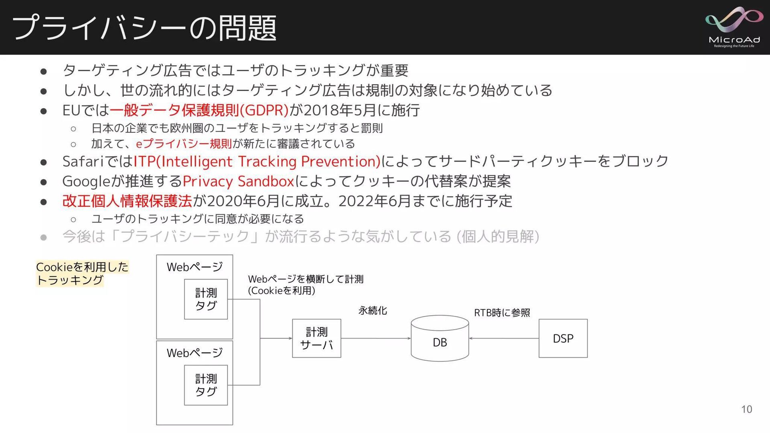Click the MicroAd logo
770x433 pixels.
734,27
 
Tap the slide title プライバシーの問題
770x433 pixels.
144,28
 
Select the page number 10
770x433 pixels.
746,409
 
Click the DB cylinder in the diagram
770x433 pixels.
440,339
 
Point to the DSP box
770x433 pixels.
563,338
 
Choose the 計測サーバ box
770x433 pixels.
316,338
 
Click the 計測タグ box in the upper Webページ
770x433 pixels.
206,299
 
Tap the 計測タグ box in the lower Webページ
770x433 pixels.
206,385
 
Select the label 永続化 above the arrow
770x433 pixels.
373,311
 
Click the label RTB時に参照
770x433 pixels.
502,313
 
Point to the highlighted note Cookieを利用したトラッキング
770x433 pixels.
82,273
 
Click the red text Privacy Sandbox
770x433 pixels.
239,181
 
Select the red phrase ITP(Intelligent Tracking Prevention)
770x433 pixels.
257,161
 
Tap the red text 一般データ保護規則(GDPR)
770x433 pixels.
199,110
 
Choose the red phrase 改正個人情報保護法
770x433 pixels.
127,201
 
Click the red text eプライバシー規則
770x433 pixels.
184,144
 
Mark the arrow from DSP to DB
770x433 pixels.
504,338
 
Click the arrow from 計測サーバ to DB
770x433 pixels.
376,338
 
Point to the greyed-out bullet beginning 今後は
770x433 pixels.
301,237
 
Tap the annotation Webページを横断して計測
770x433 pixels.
306,279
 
